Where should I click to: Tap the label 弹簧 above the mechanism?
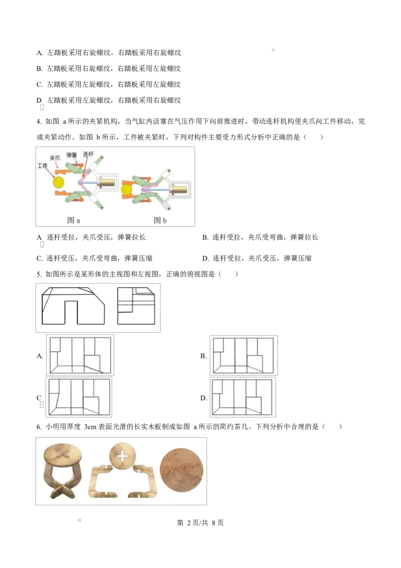click(x=72, y=155)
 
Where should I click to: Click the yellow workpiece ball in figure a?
click(x=59, y=182)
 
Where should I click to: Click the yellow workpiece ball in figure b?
click(x=126, y=190)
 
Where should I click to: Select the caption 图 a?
click(x=74, y=220)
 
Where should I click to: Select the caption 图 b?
click(x=160, y=220)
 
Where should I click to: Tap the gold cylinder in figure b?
click(x=179, y=190)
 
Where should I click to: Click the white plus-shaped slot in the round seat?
click(x=122, y=457)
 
